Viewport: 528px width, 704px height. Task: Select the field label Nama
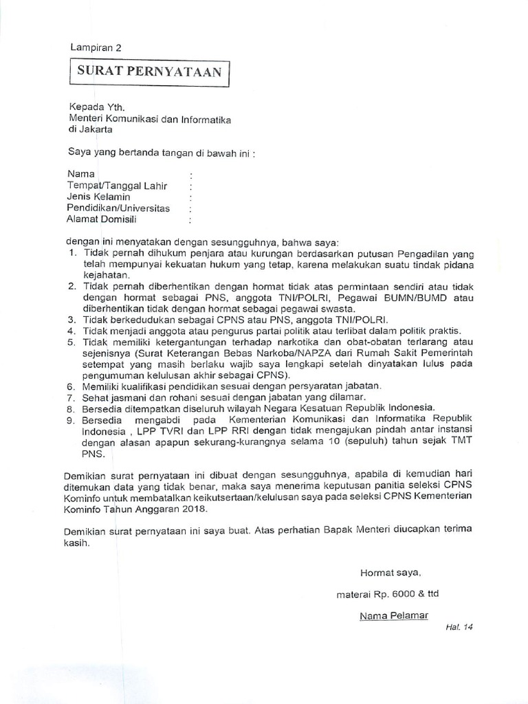click(x=80, y=174)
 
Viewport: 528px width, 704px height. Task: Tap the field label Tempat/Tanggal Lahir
click(x=117, y=186)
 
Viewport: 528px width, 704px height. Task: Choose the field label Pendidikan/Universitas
click(x=118, y=208)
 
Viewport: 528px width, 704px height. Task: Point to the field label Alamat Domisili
click(x=101, y=219)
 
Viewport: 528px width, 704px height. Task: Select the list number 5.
click(x=72, y=342)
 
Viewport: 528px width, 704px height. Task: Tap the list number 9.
click(x=72, y=419)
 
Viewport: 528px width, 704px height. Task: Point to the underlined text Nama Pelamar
click(x=393, y=615)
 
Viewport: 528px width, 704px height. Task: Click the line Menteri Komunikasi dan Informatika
click(x=149, y=118)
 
